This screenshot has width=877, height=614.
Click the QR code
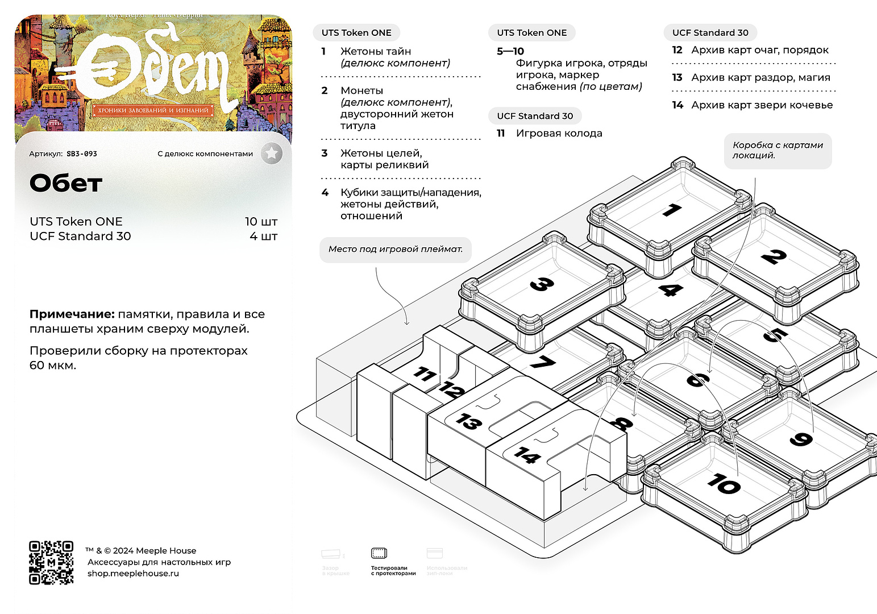(x=51, y=562)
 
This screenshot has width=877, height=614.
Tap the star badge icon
(x=272, y=153)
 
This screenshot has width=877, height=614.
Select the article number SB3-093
(x=82, y=153)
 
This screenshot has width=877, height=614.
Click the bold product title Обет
(x=66, y=184)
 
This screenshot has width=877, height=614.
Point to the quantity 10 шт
(x=261, y=222)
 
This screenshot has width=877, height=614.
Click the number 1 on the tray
(x=672, y=210)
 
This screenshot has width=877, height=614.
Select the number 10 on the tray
(x=724, y=484)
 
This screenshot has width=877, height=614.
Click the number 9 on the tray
(x=801, y=439)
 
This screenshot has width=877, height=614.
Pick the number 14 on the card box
(x=527, y=455)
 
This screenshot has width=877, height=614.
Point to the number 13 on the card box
(x=468, y=422)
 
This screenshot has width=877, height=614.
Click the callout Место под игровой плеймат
(x=396, y=249)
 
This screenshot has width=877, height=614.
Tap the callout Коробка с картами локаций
(x=778, y=150)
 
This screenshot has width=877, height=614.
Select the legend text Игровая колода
(x=559, y=134)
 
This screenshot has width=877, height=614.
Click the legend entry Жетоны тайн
(x=376, y=52)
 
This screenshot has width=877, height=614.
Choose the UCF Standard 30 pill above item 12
(x=710, y=33)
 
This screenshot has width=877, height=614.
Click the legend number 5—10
(x=510, y=52)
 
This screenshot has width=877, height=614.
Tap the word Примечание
(x=72, y=314)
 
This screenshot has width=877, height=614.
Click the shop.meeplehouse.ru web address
(x=133, y=573)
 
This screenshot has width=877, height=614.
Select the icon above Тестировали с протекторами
(x=379, y=553)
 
